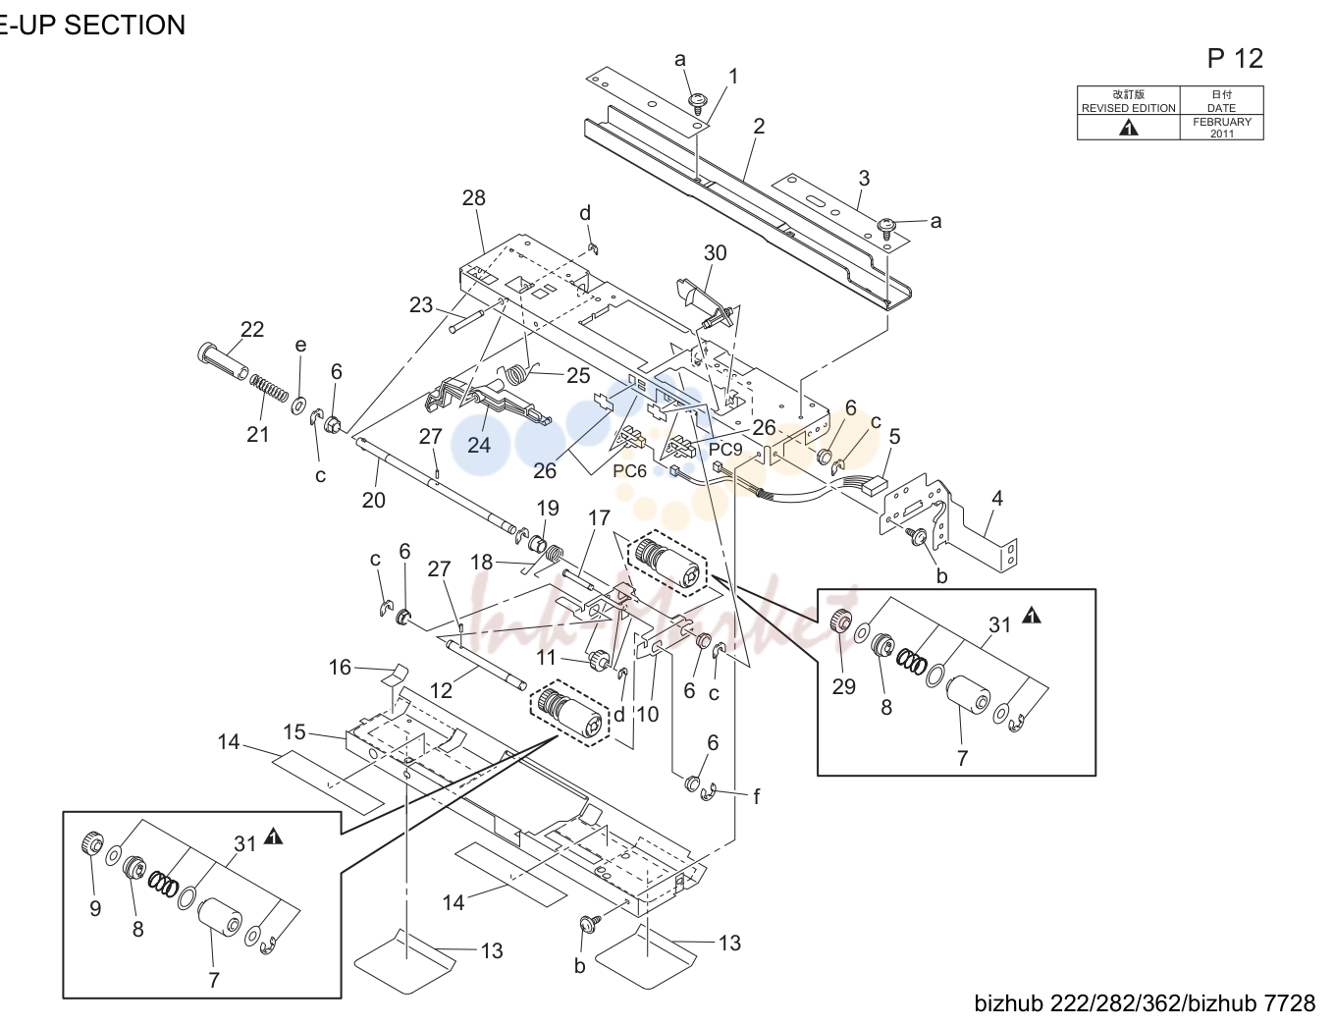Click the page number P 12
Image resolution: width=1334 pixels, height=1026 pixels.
click(1235, 59)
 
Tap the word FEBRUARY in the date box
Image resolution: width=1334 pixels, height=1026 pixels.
click(1222, 122)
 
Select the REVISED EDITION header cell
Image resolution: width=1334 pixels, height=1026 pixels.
click(1128, 101)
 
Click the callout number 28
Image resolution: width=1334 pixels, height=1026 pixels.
click(473, 197)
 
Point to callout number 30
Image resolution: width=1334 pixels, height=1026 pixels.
click(716, 252)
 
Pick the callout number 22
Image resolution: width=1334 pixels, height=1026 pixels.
click(251, 330)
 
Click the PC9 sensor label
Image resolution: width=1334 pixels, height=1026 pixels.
click(725, 450)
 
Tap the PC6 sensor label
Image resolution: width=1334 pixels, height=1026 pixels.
click(630, 471)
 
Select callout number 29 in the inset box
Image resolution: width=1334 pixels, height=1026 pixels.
click(843, 686)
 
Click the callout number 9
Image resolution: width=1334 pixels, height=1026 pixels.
click(95, 908)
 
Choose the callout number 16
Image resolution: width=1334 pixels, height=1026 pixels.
click(340, 667)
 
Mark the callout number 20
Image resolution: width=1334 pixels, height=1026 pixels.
click(373, 501)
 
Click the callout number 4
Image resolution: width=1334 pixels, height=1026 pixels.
click(997, 498)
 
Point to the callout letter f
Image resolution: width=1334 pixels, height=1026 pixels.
click(756, 797)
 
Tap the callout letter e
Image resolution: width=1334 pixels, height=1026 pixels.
click(300, 345)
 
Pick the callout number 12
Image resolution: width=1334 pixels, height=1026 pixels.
click(441, 690)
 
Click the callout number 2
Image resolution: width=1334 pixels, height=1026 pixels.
click(759, 126)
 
